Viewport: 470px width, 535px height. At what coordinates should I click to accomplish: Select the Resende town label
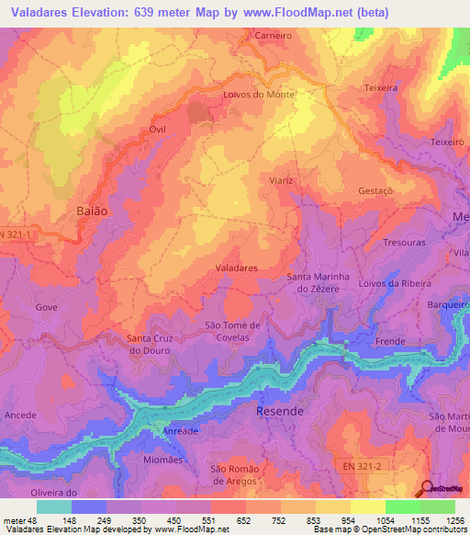280,411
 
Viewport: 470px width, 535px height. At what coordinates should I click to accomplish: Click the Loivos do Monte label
258,95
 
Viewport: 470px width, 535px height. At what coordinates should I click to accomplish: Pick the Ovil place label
157,131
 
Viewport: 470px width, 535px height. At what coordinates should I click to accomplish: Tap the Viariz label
281,180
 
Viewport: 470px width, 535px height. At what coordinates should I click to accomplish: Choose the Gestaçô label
375,190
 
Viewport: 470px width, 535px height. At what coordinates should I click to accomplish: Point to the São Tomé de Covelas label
233,331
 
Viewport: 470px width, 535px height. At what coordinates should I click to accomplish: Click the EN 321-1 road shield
20,234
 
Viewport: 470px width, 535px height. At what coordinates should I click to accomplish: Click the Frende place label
390,341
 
